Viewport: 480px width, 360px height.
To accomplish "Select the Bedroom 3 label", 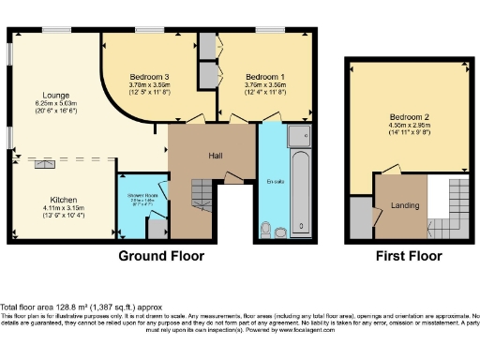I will (x=148, y=76).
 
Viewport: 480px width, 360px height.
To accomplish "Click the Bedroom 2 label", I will (x=409, y=117).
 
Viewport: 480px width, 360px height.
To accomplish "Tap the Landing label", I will (x=404, y=205).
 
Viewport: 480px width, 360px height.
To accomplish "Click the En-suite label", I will (x=276, y=182).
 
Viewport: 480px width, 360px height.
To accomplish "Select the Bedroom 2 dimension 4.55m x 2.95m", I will (x=409, y=126).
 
